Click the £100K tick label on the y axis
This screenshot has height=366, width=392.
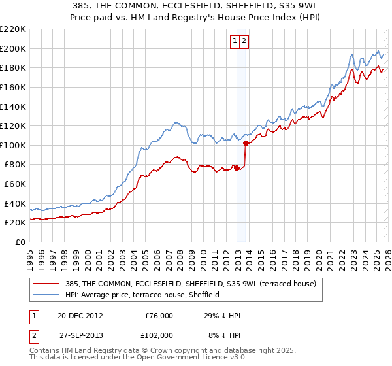[x=12, y=145]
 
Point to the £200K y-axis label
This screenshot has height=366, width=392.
[x=12, y=48]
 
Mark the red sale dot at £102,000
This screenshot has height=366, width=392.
[x=246, y=143]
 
